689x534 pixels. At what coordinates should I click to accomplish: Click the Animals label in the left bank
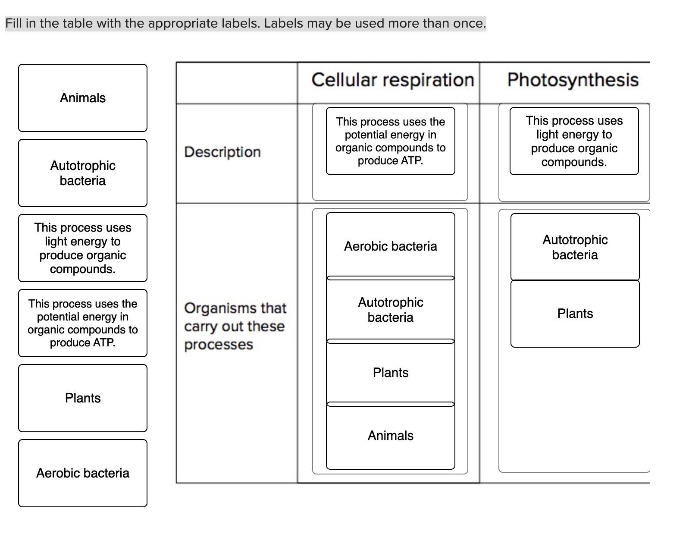click(83, 98)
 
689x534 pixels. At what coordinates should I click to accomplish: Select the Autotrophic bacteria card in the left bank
click(83, 173)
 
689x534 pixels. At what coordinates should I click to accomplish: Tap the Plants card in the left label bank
click(83, 398)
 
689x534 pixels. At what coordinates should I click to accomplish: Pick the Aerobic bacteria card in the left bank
click(83, 473)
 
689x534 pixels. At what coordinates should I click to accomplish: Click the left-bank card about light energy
click(83, 248)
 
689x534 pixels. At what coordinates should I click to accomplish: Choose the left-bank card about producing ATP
click(83, 323)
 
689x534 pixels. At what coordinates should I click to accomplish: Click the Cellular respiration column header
click(392, 80)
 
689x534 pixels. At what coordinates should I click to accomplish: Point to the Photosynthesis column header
click(573, 80)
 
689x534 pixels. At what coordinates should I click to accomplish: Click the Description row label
click(222, 152)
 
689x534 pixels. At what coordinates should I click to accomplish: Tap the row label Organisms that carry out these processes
click(235, 326)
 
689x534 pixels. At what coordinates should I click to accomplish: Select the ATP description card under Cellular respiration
click(391, 141)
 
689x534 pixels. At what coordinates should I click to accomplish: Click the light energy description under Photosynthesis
click(574, 141)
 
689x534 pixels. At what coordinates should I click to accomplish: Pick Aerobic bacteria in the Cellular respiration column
click(391, 246)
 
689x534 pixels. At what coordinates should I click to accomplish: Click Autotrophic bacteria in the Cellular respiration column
click(391, 310)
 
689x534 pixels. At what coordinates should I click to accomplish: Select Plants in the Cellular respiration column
click(391, 373)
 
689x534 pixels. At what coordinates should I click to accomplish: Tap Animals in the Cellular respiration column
click(391, 436)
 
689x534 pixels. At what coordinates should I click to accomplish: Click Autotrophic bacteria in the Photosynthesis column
click(575, 247)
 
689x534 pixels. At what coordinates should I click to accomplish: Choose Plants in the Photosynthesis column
click(575, 314)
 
